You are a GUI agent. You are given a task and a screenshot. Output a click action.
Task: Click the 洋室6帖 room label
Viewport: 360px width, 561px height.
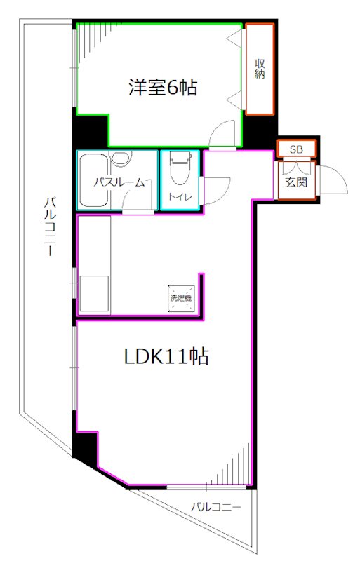click(163, 87)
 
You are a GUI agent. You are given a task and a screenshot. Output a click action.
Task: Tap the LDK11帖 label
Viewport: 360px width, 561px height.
click(166, 356)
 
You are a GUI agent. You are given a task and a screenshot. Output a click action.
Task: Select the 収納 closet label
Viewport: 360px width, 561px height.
click(260, 68)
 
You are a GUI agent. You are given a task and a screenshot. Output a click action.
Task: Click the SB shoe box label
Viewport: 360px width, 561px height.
click(296, 149)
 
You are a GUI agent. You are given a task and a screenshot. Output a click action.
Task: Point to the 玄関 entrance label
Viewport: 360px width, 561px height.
click(296, 182)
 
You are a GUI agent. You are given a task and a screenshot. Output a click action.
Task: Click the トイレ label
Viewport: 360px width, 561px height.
click(180, 197)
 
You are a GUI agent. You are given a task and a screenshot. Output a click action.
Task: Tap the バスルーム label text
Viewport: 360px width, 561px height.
click(119, 182)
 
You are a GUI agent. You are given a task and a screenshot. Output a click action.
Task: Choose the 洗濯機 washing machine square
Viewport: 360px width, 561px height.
click(182, 299)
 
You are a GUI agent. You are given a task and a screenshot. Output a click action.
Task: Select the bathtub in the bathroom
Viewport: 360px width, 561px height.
click(94, 181)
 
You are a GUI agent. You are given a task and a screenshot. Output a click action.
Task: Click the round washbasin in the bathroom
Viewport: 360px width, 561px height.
click(121, 158)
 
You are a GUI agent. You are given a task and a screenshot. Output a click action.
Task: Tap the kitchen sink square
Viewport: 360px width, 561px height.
click(94, 293)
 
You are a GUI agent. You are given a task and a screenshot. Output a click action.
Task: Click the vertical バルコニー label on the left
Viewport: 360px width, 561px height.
click(50, 226)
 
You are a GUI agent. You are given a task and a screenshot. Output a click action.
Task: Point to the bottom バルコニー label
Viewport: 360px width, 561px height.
click(215, 506)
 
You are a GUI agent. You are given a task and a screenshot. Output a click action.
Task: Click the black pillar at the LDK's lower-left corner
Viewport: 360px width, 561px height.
click(85, 447)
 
